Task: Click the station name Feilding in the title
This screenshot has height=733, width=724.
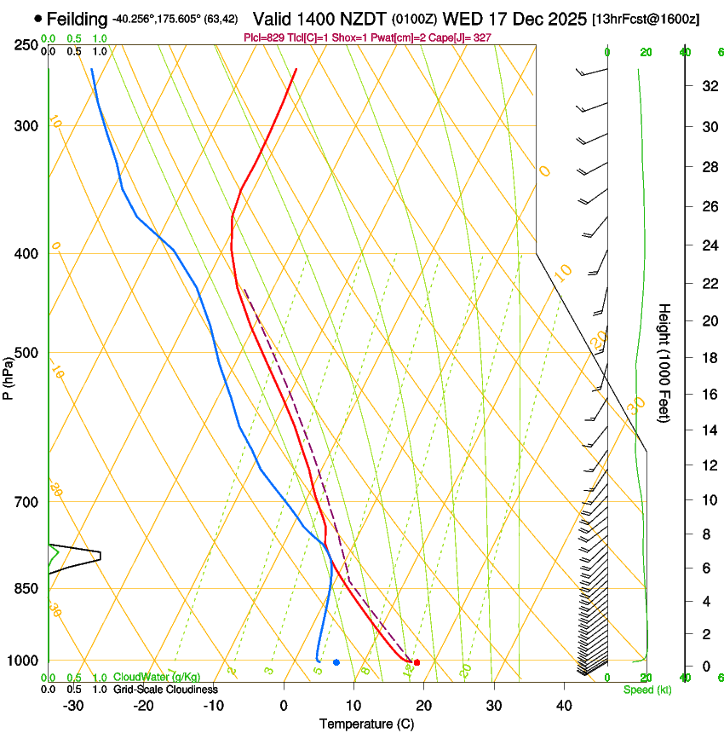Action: pos(78,19)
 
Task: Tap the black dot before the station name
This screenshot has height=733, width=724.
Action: pos(38,18)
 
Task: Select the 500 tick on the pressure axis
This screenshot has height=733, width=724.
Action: pos(28,353)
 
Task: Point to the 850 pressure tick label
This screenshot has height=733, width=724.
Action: pos(28,588)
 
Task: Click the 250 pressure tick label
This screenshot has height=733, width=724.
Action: pos(28,45)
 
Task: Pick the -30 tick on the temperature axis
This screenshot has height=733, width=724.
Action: pos(73,706)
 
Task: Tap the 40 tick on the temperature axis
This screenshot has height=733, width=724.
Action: pos(564,706)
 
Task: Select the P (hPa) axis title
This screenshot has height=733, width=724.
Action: pos(9,376)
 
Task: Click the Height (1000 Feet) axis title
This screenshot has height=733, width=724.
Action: pos(664,363)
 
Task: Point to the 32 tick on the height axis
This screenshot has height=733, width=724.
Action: pos(708,85)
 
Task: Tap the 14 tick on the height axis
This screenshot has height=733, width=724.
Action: pos(708,430)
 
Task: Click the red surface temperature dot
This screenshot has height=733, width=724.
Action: pos(417,662)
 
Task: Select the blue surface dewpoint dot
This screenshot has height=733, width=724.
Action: pos(336,662)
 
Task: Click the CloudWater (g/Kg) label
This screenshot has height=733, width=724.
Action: pos(157,677)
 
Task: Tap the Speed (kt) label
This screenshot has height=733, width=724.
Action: pos(647,690)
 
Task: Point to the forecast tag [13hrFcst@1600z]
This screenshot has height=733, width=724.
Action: pos(646,19)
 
